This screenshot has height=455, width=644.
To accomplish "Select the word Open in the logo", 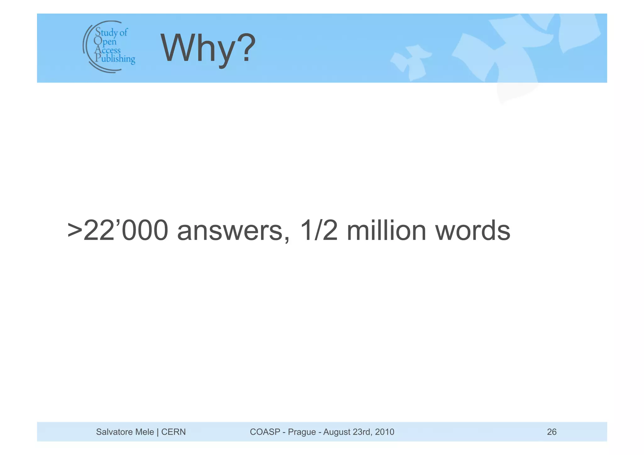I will tap(105, 41).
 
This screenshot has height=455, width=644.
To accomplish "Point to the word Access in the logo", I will tap(108, 50).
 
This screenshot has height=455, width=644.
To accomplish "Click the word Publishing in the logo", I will tap(115, 58).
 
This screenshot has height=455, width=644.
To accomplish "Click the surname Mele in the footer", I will tap(144, 432).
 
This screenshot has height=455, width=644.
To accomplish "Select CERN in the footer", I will tap(173, 432).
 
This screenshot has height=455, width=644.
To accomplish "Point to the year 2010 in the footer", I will tap(385, 432).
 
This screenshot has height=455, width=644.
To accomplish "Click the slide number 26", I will tap(552, 432).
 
